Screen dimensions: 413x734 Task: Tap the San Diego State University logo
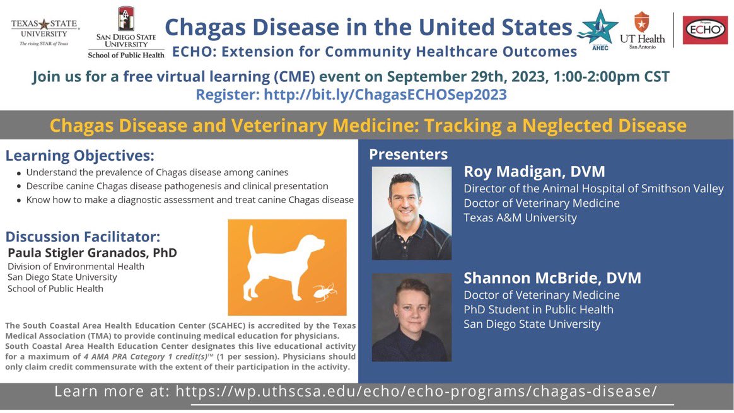(125, 33)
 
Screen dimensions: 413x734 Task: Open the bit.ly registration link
(385, 95)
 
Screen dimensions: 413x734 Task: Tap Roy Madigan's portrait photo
(411, 213)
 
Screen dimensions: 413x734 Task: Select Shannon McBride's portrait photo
(411, 317)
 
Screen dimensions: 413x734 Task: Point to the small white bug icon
(325, 292)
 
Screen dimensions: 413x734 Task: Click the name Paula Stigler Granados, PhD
(92, 253)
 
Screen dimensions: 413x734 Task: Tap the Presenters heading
(408, 154)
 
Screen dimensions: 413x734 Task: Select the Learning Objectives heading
(79, 156)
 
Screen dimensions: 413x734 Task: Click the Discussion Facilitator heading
(83, 237)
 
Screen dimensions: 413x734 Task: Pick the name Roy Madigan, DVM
(534, 172)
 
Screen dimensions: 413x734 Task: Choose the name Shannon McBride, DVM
(552, 278)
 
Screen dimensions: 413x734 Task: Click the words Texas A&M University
(520, 218)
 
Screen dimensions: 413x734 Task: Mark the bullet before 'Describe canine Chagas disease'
(19, 187)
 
